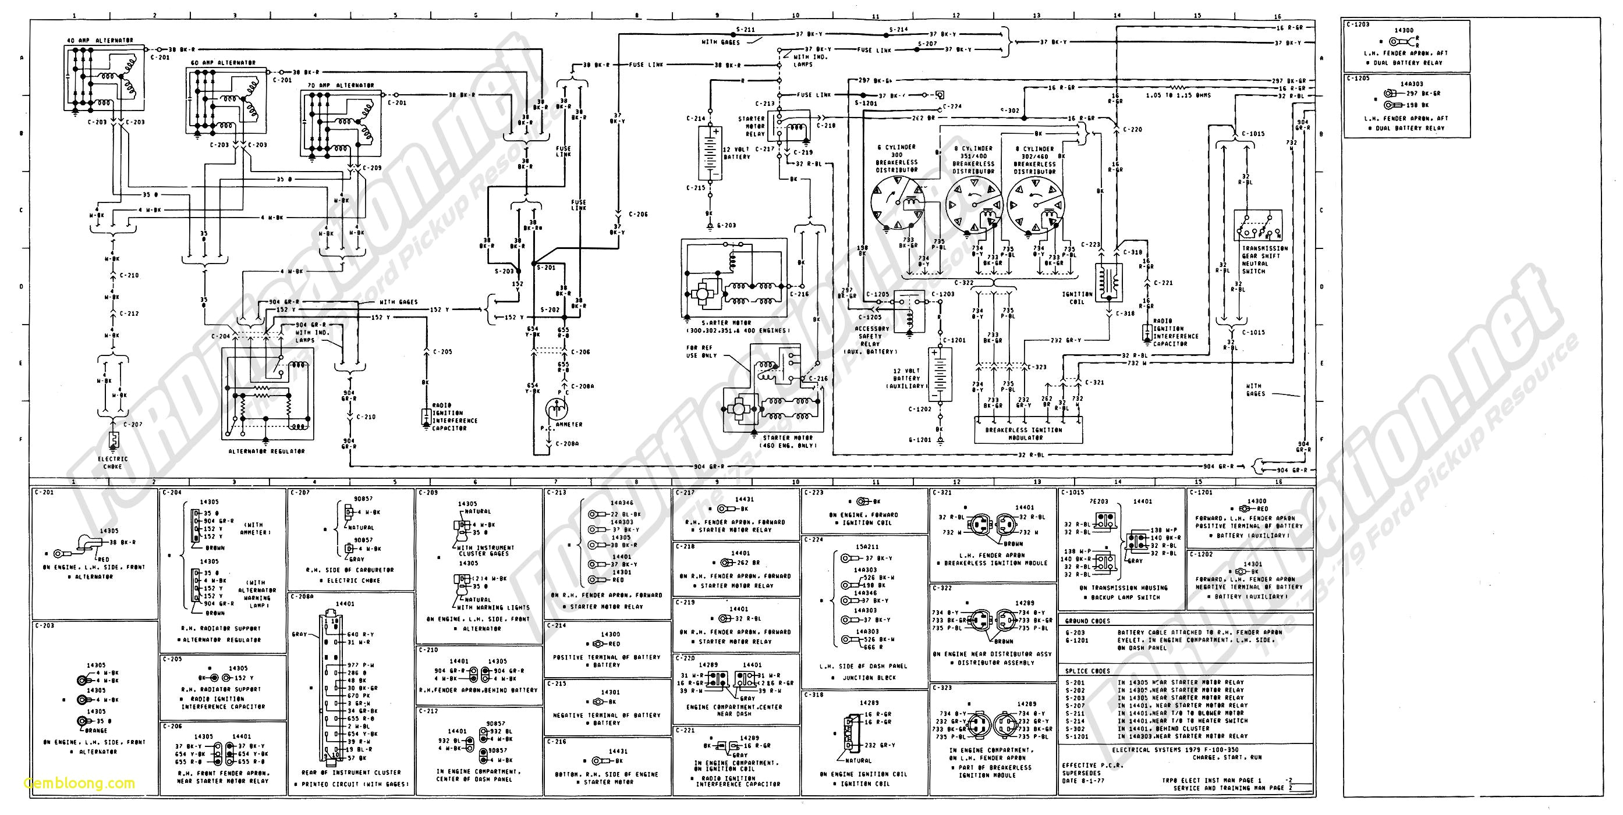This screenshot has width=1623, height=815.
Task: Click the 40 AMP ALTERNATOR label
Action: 100,40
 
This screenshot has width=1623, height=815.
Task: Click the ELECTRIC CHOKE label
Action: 113,462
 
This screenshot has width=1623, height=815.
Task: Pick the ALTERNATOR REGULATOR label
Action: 267,451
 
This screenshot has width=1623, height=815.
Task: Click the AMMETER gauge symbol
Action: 556,408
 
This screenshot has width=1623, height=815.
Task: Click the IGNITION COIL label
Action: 1078,298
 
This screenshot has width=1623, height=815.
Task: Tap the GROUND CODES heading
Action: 1087,621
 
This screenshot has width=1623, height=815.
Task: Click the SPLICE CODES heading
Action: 1087,671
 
